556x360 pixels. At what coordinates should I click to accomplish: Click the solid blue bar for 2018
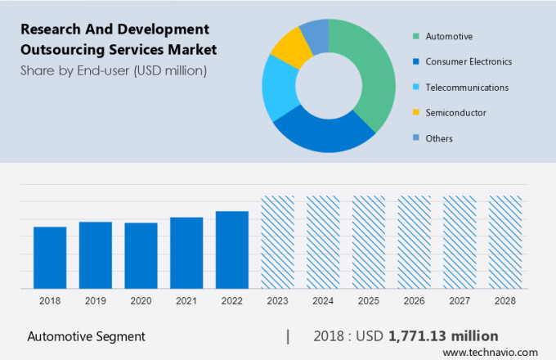pos(50,257)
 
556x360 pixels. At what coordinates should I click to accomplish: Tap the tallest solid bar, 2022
pos(232,250)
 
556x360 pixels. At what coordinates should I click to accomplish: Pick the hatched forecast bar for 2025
pos(368,242)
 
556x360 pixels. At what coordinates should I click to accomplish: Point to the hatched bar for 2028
pos(504,242)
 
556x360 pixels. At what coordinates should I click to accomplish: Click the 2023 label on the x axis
pos(277,301)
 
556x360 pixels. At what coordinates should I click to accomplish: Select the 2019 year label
pos(95,301)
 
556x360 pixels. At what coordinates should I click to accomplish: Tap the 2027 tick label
pos(459,301)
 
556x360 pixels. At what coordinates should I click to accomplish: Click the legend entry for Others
pos(439,138)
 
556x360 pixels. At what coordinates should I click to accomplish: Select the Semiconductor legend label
pos(455,113)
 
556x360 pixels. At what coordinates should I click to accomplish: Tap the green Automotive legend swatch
pos(416,36)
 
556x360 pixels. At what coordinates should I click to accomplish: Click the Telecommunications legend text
pos(467,87)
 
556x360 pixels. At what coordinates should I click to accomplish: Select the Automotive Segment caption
pos(86,336)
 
